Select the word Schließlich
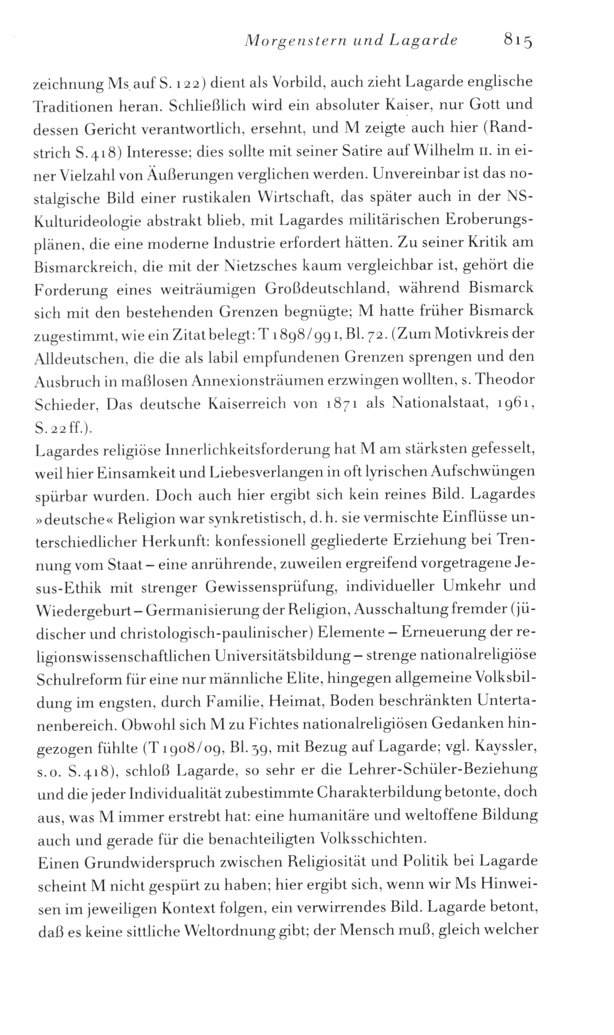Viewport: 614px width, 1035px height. [200, 107]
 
